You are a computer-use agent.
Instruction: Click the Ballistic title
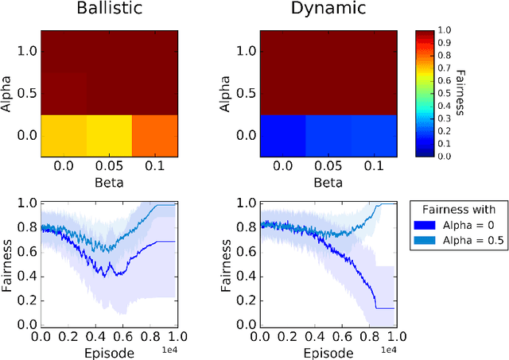[x=108, y=10]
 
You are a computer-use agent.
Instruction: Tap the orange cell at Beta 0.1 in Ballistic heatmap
[x=154, y=135]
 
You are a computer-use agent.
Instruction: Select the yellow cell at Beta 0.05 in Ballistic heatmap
[x=108, y=135]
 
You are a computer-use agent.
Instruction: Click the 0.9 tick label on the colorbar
[x=444, y=43]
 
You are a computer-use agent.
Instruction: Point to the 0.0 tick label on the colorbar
[x=444, y=156]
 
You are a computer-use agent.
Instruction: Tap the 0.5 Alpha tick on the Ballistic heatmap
[x=27, y=94]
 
